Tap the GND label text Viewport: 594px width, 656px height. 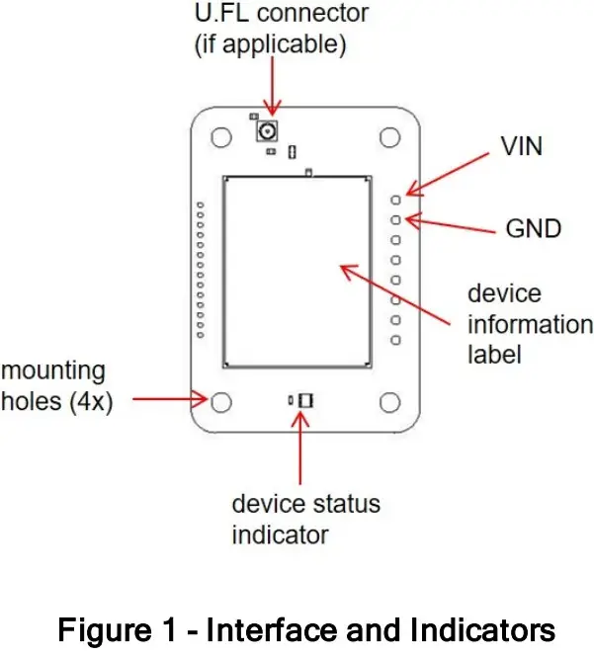[x=533, y=228]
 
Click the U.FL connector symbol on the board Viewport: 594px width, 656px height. [x=267, y=130]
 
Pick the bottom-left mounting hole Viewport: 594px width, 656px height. [x=223, y=401]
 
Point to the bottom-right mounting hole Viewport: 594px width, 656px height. [x=388, y=401]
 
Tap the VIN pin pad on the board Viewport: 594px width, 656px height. [x=396, y=199]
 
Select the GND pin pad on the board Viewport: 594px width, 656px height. [x=396, y=219]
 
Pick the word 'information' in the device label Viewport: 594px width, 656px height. [x=531, y=324]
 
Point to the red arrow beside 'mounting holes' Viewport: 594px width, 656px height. [x=168, y=400]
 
